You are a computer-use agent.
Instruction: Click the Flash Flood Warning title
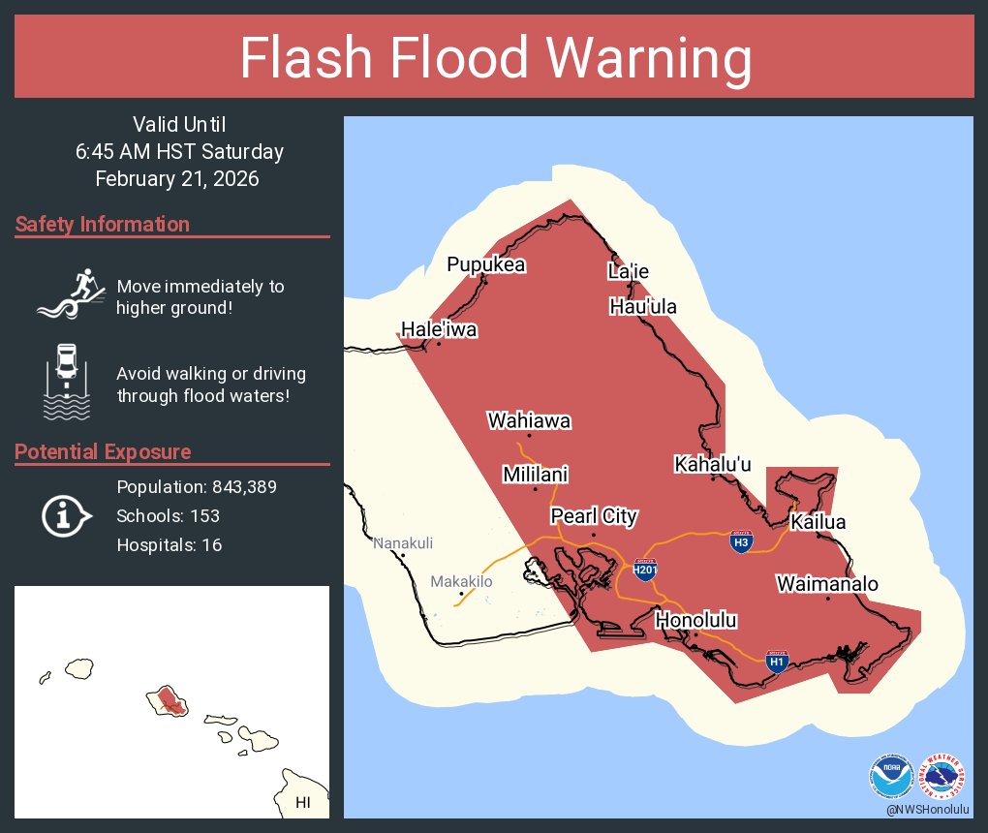click(495, 58)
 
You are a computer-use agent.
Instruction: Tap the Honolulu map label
click(696, 621)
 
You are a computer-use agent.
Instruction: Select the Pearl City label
click(594, 516)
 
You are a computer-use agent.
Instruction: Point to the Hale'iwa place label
click(439, 329)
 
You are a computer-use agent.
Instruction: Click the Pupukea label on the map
click(485, 265)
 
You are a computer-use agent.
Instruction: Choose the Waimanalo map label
click(827, 584)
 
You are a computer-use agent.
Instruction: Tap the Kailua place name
click(818, 523)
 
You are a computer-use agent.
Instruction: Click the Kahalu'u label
click(713, 465)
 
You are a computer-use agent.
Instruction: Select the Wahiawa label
click(529, 421)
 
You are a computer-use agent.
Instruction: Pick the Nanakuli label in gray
click(403, 542)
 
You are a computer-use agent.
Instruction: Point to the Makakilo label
click(462, 581)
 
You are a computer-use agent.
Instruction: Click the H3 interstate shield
click(741, 541)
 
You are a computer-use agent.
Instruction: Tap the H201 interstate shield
click(646, 569)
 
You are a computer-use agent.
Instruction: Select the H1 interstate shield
click(777, 662)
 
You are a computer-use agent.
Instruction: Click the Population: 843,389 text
click(197, 487)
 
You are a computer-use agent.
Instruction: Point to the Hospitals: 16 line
click(170, 545)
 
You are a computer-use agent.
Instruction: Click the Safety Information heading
click(103, 225)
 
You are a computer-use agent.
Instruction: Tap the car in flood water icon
click(66, 382)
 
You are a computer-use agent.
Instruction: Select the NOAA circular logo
click(891, 777)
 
